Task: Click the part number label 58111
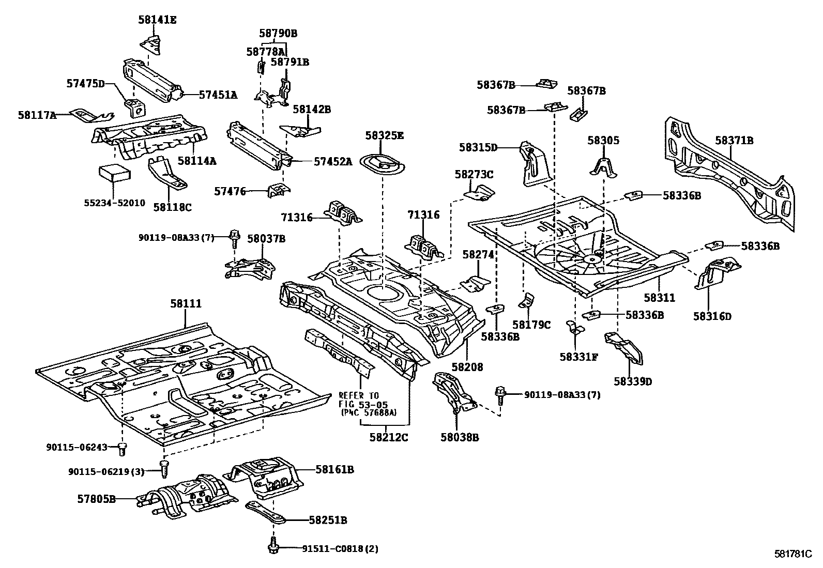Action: [x=186, y=304]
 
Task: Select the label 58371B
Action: [x=734, y=140]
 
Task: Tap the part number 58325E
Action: [x=384, y=135]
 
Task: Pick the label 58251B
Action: [x=328, y=520]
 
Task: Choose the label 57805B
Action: [x=96, y=499]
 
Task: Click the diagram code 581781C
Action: [x=797, y=554]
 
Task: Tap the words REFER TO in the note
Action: [x=359, y=396]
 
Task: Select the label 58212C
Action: [x=389, y=437]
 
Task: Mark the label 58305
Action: [x=603, y=140]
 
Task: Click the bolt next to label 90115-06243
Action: [x=123, y=449]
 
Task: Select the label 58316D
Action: [x=712, y=316]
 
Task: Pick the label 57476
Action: [x=232, y=191]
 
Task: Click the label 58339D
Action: [x=633, y=381]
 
